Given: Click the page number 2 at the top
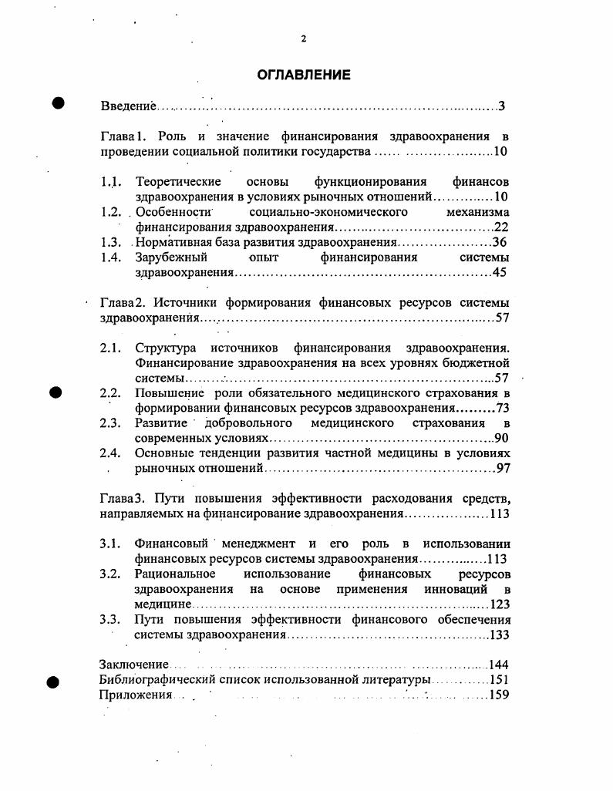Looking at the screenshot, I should coord(304,39).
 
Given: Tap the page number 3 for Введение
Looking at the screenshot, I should coord(501,106).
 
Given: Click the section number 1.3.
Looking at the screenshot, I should coord(110,242).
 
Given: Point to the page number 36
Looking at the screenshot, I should coord(499,242).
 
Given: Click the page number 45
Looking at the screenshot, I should coord(499,272).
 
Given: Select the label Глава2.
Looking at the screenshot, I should coord(122,303).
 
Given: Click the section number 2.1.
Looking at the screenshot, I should coord(110,348).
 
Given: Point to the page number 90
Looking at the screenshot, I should coord(501,438).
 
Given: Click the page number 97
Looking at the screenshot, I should coord(502,468).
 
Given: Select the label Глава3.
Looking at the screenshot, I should coord(122,498).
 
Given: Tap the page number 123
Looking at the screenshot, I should coord(500,604).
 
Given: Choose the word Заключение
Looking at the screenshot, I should coord(133,665).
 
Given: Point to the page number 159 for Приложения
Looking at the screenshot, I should coord(500,695).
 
